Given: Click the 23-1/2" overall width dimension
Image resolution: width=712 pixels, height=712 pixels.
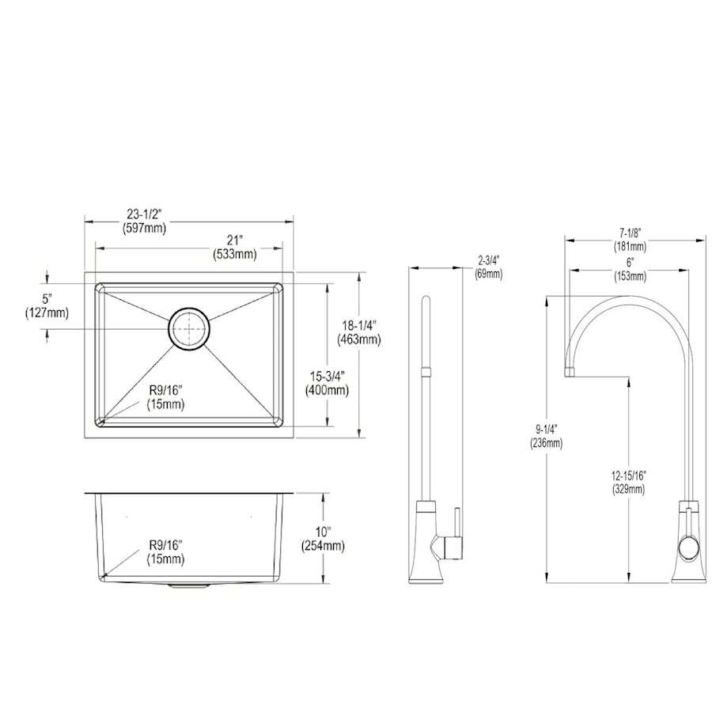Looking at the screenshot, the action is click(x=145, y=214).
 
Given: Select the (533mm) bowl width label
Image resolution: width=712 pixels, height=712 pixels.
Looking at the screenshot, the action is click(x=235, y=254).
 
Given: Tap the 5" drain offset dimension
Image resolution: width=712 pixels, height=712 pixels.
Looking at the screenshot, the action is click(x=47, y=299).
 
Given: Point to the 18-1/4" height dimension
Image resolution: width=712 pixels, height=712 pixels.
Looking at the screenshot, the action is click(x=358, y=325).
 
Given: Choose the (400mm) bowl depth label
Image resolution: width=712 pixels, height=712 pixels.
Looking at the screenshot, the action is click(x=327, y=390).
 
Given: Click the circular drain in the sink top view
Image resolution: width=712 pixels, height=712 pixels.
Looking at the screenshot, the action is click(x=189, y=329).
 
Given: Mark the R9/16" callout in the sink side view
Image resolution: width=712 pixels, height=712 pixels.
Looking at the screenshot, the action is click(x=166, y=544).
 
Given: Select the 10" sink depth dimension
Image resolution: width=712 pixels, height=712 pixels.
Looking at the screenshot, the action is click(x=323, y=532).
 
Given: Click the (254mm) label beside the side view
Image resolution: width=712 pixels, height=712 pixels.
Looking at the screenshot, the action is click(x=323, y=546).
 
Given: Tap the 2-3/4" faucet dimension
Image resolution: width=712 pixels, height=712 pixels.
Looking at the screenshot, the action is click(x=489, y=260).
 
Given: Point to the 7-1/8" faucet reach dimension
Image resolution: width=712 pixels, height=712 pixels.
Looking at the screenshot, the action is click(x=631, y=233).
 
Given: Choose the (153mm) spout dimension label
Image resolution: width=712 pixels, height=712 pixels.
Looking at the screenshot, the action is click(x=631, y=276).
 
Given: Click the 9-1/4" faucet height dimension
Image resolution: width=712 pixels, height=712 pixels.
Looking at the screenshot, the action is click(x=546, y=429).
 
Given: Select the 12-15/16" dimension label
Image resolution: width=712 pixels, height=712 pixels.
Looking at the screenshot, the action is click(x=628, y=475).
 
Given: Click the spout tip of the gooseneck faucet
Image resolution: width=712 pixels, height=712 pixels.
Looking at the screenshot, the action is click(x=570, y=373).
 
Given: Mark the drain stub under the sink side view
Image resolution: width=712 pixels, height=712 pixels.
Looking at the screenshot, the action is click(x=189, y=586).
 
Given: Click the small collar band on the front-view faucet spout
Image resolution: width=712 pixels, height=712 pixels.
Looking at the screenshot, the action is click(x=426, y=372).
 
